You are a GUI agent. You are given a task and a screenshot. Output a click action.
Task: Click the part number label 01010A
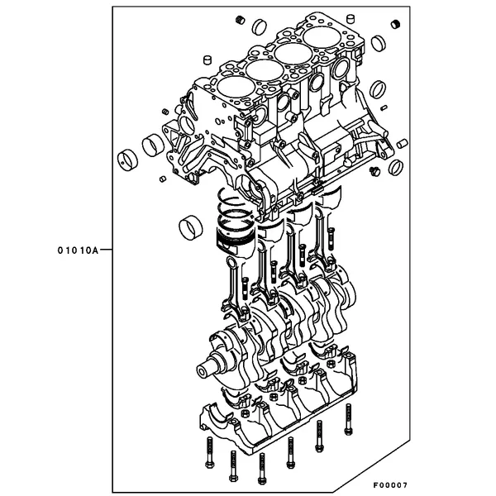(78, 250)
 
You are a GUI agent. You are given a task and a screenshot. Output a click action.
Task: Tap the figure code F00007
(390, 484)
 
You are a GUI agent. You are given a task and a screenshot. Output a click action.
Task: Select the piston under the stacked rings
(235, 241)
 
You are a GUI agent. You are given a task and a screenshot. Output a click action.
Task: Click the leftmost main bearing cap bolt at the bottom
(209, 452)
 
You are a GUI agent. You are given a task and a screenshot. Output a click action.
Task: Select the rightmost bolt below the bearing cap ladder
(348, 419)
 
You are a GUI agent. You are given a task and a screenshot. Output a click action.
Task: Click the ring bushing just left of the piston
(190, 228)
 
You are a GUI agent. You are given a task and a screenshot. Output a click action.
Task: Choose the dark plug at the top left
(241, 20)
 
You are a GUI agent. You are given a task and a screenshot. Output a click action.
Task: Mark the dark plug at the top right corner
(395, 24)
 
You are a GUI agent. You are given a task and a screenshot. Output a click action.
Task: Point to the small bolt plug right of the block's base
(374, 171)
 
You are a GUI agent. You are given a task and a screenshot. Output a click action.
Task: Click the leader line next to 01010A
(106, 250)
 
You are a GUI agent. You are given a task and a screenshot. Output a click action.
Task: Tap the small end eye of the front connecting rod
(231, 262)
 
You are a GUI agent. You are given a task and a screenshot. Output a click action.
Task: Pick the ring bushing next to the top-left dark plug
(260, 26)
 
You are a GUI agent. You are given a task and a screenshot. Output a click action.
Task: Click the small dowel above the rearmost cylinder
(351, 18)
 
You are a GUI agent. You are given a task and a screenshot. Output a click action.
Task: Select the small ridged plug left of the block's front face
(165, 112)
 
